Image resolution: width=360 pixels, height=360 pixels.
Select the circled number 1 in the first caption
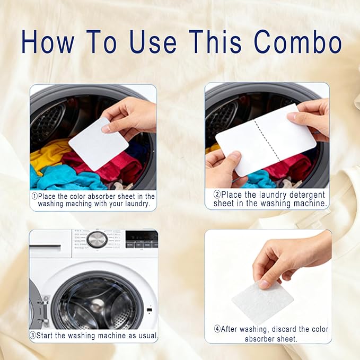(x=35, y=196)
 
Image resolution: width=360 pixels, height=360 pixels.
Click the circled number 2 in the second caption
(x=209, y=196)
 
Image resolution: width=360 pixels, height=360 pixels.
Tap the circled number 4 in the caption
(x=217, y=329)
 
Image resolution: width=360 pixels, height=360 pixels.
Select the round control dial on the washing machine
(x=97, y=240)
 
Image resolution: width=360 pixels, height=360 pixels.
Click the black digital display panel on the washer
(x=141, y=239)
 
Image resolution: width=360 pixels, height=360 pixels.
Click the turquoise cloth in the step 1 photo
(x=55, y=178)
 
